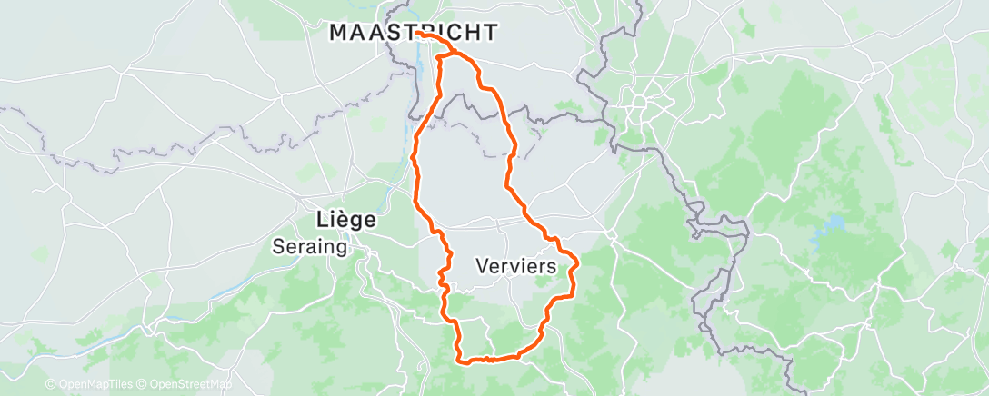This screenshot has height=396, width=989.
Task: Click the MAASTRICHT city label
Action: point(413,33)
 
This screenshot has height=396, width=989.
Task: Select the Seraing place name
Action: point(309,246)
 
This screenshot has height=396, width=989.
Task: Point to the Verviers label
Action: point(515,267)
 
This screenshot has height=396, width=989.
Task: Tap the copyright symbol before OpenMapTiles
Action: point(51,384)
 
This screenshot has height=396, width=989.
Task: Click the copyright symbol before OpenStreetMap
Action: point(144,384)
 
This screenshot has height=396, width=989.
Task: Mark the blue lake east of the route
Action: point(828,224)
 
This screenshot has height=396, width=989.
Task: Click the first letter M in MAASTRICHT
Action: point(337,33)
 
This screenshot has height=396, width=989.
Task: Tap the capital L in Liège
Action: point(319,220)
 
